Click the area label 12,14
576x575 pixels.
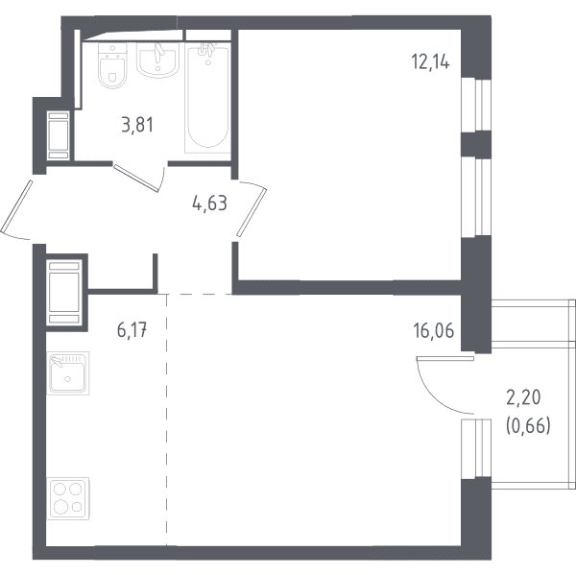[430, 61]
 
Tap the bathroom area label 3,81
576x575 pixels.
[137, 125]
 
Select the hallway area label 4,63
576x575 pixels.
[209, 204]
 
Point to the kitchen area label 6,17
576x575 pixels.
[132, 329]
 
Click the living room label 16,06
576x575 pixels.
[434, 330]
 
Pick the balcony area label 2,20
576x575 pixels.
[523, 397]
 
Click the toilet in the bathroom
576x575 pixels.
[112, 65]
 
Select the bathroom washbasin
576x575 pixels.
[158, 60]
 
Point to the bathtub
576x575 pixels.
[207, 99]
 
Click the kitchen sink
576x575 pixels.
[68, 372]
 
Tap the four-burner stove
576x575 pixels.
[68, 498]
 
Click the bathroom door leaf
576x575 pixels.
[136, 179]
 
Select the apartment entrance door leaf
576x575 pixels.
[17, 206]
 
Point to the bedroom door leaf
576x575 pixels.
[252, 211]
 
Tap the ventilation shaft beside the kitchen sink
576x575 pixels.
[64, 293]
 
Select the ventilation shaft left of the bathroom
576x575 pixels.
[59, 135]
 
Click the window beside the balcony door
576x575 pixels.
[476, 448]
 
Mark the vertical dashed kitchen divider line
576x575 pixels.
[166, 419]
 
